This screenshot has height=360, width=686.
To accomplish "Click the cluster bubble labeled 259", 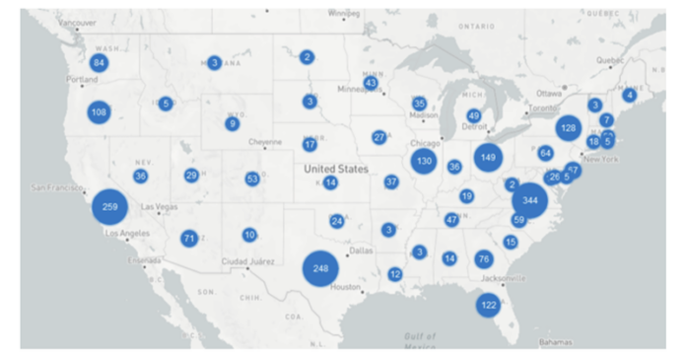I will (x=109, y=207).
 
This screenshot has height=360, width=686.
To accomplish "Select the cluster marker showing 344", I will (x=530, y=200).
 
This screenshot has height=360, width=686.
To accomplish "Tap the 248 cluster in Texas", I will (x=320, y=268).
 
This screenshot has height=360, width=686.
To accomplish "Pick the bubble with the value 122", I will (x=488, y=306).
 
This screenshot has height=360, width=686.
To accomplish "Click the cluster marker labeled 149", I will (x=488, y=157).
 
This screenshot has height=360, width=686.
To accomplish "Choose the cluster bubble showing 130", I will (x=424, y=161).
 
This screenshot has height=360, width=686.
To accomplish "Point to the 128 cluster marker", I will (x=568, y=128).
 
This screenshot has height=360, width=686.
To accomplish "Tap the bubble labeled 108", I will (x=99, y=112).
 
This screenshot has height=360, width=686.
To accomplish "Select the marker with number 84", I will (x=99, y=63).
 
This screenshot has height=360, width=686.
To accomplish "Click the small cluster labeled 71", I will (x=189, y=238).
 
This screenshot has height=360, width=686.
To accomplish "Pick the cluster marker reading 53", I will (x=252, y=179).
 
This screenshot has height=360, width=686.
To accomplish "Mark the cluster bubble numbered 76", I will (x=483, y=258).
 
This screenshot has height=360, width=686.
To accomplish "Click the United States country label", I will (x=335, y=169).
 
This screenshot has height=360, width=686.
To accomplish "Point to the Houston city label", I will (x=345, y=287).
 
